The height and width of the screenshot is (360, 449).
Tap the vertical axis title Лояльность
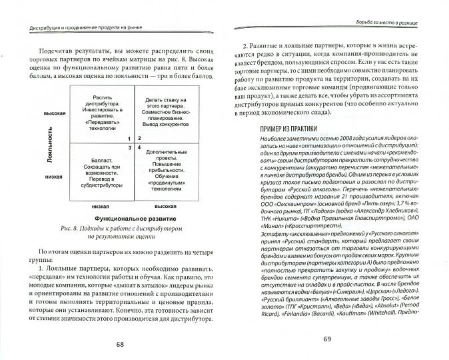tap(51, 147)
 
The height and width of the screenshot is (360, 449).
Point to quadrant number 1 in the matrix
tap(131, 137)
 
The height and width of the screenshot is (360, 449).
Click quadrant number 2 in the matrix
tap(139, 137)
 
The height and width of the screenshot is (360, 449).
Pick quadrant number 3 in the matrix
tap(131, 146)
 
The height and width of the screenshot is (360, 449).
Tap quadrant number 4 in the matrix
tap(139, 146)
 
